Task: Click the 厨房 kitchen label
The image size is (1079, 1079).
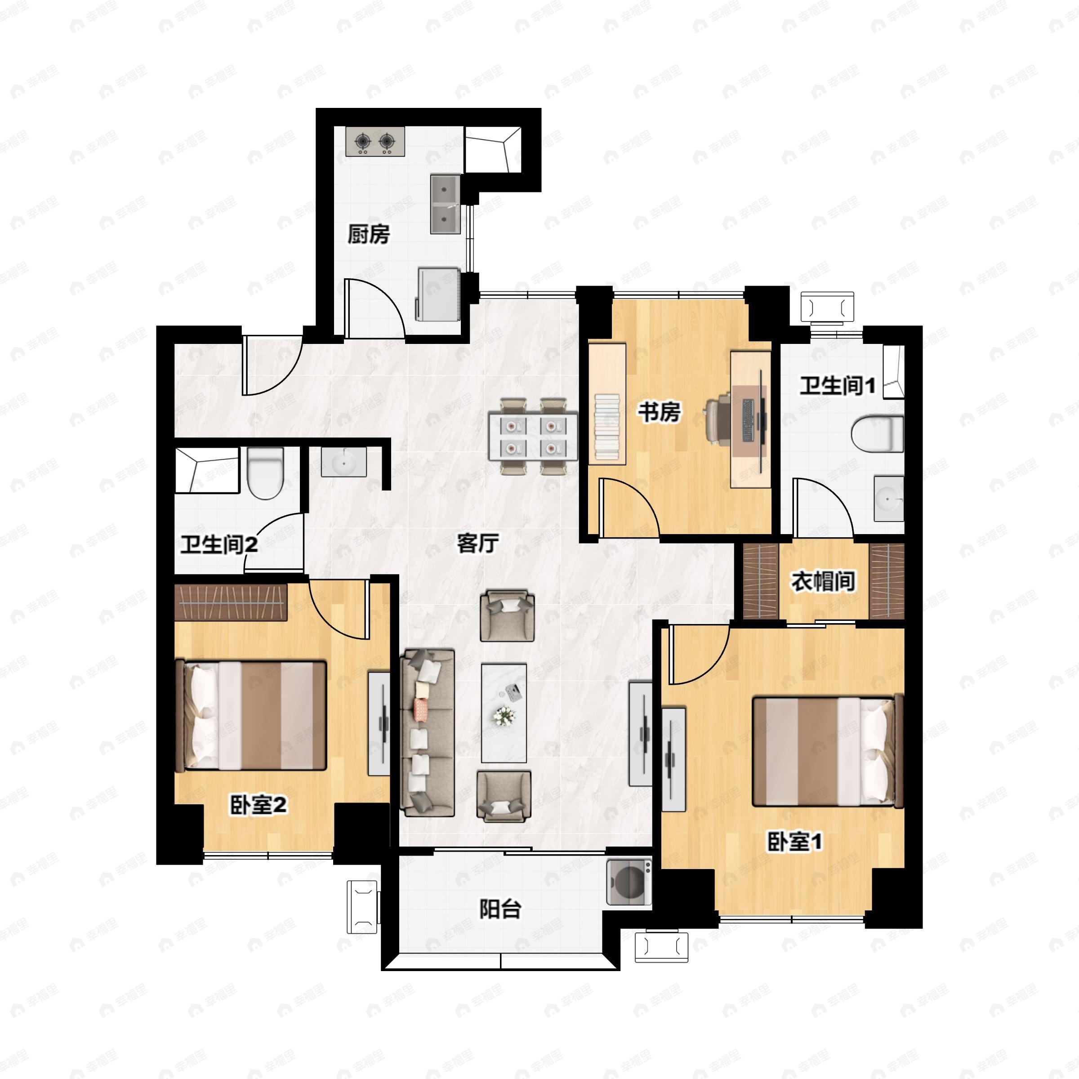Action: (x=369, y=234)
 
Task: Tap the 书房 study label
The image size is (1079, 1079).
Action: (x=660, y=412)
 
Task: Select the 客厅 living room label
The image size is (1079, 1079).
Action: (x=477, y=542)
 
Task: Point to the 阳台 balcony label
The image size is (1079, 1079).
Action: (x=500, y=909)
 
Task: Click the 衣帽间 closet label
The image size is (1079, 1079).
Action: (x=823, y=581)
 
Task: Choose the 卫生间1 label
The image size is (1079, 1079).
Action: (x=837, y=385)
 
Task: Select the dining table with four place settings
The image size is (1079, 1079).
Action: (x=533, y=436)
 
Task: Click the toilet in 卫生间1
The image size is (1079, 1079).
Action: (x=878, y=433)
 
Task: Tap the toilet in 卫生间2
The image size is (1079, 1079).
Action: (x=265, y=473)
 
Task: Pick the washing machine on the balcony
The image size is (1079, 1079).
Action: (x=629, y=882)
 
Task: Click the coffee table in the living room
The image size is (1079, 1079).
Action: (x=504, y=713)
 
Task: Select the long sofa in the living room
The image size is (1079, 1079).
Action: (x=427, y=732)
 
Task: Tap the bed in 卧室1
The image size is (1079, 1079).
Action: (x=828, y=751)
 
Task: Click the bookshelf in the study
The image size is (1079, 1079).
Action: (x=607, y=403)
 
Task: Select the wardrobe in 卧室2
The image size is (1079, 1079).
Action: (x=231, y=602)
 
